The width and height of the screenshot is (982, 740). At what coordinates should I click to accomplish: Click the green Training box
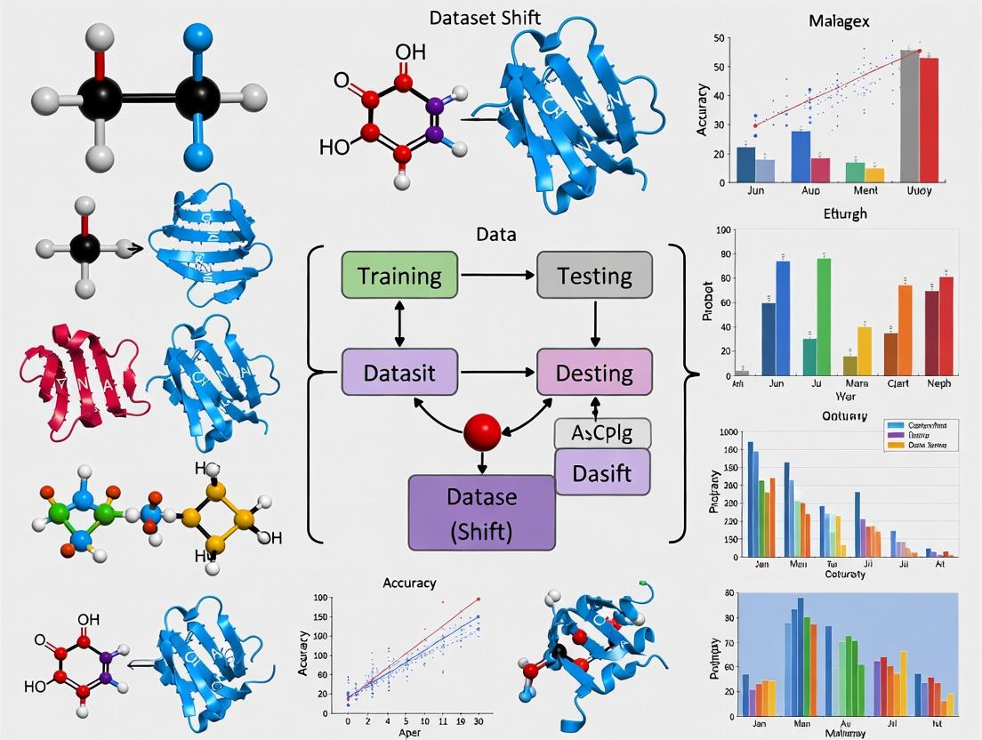pos(398,275)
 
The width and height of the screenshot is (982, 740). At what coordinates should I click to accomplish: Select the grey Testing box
pos(594,275)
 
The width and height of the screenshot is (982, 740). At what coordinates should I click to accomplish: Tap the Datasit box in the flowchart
pos(398,372)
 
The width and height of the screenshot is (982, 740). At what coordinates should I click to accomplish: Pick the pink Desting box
pos(594,372)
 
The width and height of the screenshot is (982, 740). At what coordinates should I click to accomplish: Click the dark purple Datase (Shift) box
pos(481,512)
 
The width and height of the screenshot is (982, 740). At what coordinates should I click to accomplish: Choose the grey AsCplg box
pos(603,433)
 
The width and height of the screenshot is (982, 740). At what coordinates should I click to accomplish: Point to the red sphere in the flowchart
pos(482,432)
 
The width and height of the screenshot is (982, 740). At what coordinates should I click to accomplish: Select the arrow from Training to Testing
pos(496,275)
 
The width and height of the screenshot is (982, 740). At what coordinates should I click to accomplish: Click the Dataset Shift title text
pos(485,18)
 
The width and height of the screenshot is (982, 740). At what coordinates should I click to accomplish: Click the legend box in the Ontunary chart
pos(921,434)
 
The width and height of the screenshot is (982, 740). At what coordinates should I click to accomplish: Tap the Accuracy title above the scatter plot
pos(409,583)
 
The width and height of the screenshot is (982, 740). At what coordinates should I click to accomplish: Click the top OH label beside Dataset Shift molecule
pos(410,52)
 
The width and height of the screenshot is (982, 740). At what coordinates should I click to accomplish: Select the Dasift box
pos(603,471)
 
